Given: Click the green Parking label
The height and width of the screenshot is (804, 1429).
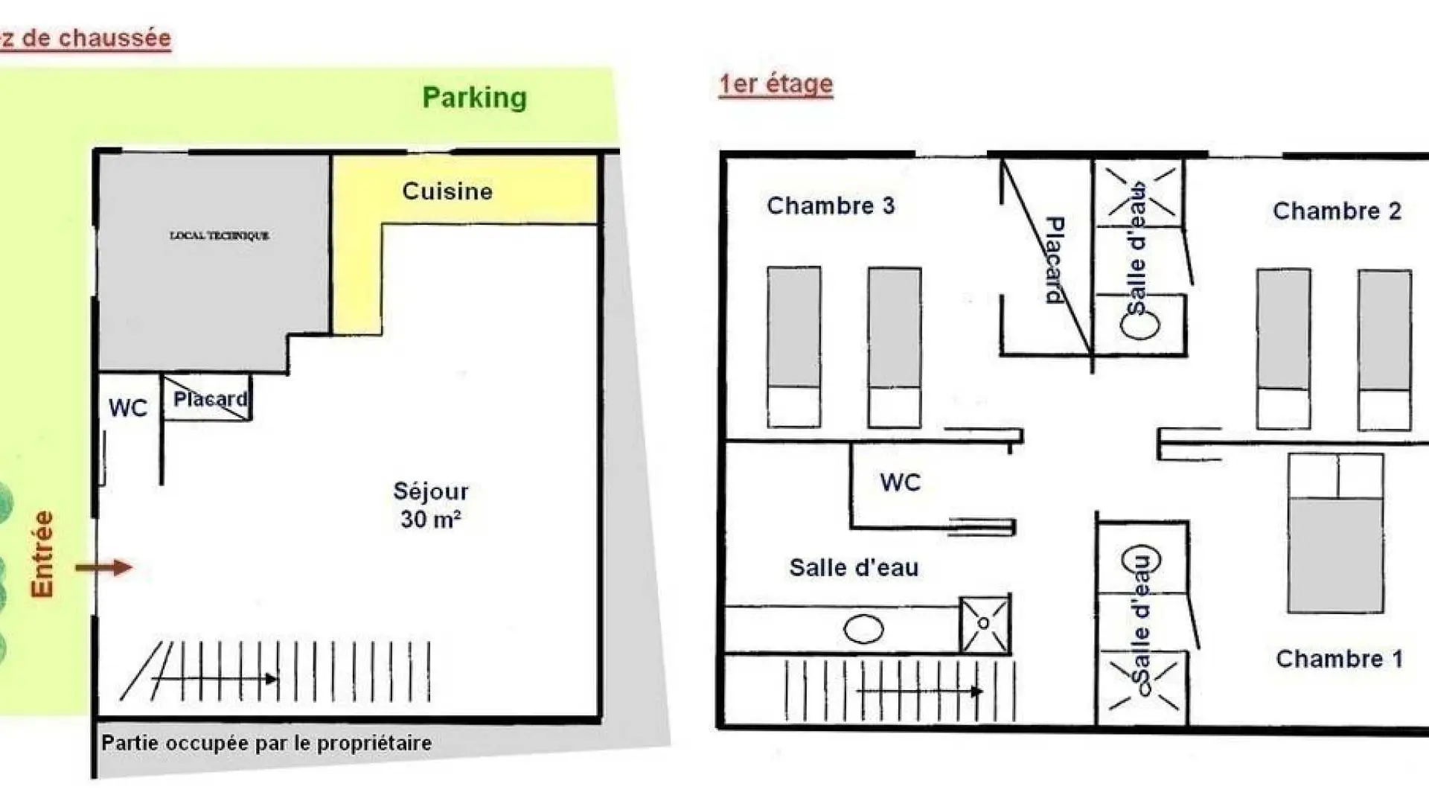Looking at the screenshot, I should click(474, 98).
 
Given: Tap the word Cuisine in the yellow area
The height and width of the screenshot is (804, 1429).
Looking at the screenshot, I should click(447, 191).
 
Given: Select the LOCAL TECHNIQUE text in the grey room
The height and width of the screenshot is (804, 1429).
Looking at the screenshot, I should click(220, 235).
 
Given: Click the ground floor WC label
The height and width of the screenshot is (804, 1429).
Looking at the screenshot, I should click(128, 408).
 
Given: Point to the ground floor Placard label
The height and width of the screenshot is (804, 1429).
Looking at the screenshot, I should click(210, 399).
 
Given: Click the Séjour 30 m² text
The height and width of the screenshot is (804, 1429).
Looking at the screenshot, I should click(431, 505).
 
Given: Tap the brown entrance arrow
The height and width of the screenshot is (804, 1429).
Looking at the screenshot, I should click(104, 568).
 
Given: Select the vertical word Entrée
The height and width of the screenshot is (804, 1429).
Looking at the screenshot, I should click(42, 554).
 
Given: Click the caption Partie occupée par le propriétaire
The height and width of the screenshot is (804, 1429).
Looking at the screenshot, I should click(266, 743).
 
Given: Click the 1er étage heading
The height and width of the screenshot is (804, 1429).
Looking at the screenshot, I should click(776, 84).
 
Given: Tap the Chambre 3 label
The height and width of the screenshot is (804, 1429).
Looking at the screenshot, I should click(831, 205).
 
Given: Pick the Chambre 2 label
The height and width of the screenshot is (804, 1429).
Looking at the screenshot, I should click(1337, 211).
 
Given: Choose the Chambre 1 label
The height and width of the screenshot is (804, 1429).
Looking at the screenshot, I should click(1339, 659).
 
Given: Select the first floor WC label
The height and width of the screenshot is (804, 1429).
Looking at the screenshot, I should click(901, 482).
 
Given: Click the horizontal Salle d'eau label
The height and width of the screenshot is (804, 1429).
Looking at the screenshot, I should click(854, 568).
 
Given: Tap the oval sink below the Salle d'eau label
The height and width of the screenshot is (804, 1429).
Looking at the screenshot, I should click(863, 629).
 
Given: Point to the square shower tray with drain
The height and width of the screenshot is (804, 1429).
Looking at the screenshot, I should click(984, 624).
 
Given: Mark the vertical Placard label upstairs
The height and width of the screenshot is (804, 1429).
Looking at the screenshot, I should click(1055, 260).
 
